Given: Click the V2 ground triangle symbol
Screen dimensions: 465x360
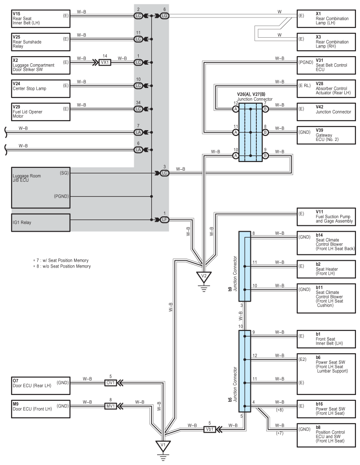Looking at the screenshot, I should (204, 277).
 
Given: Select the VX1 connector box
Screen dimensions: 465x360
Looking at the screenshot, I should (105, 62).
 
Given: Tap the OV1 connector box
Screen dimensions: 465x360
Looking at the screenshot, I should (110, 383).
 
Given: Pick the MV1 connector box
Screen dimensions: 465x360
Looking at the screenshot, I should (110, 406).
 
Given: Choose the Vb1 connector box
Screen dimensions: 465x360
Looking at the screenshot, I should (210, 429).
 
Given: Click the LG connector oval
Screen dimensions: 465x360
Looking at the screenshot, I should (164, 16).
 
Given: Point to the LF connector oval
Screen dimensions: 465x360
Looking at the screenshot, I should (164, 219).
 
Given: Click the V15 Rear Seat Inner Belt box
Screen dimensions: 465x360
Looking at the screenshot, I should (40, 16).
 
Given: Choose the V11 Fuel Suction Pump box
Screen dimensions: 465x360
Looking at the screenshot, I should (327, 217).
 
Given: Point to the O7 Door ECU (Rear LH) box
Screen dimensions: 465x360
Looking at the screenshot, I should (40, 383).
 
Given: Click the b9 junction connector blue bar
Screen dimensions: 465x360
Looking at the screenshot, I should (245, 266).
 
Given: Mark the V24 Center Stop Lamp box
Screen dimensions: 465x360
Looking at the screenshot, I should (40, 86).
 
